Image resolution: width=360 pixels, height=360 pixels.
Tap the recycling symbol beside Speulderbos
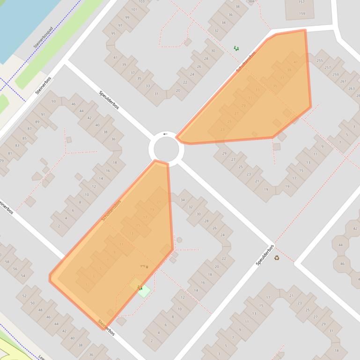pyautogui.click(x=277, y=257)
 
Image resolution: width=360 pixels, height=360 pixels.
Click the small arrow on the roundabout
pyautogui.click(x=165, y=134)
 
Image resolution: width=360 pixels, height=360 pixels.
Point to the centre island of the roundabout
pyautogui.click(x=166, y=149)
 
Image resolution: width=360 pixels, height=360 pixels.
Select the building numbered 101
pyautogui.click(x=134, y=9)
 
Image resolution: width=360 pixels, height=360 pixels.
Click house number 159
pyautogui.click(x=302, y=14)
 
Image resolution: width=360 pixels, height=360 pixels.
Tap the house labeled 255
pyautogui.click(x=320, y=60)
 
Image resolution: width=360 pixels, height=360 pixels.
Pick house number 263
pyautogui.click(x=352, y=88)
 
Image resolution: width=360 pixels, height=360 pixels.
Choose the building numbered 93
pyautogui.click(x=54, y=101)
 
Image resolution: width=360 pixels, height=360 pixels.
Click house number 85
pyautogui.click(x=24, y=138)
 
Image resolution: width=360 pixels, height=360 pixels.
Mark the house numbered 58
pyautogui.click(x=7, y=262)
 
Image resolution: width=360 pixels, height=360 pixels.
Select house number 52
pyautogui.click(x=24, y=296)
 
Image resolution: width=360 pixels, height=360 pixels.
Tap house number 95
pyautogui.click(x=113, y=34)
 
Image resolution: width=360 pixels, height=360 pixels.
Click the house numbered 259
pyautogui.click(x=335, y=75)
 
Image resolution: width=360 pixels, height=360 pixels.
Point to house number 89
pyautogui.click(x=37, y=122)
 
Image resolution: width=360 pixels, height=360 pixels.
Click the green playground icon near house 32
pyautogui.click(x=236, y=48)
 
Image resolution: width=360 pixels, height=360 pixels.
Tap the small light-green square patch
pyautogui.click(x=143, y=290)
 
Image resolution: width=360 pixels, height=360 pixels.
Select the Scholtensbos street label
pyautogui.click(x=111, y=211)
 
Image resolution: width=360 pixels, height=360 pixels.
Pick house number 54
pyautogui.click(x=23, y=275)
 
